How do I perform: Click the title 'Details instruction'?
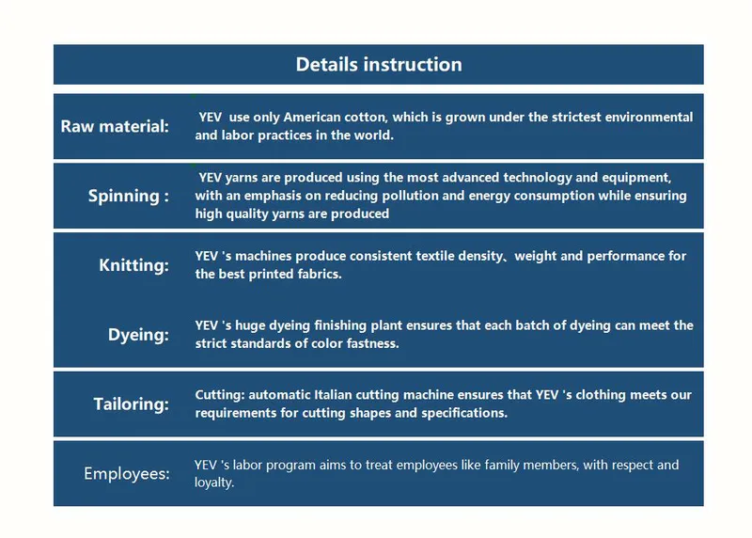(x=379, y=65)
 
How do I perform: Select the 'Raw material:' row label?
(x=115, y=126)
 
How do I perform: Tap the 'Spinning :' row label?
(x=129, y=197)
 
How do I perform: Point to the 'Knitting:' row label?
(x=133, y=265)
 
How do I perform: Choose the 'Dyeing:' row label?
(x=138, y=335)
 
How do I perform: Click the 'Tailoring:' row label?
(x=132, y=404)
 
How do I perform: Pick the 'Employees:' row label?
(x=127, y=474)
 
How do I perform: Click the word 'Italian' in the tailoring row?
(x=333, y=395)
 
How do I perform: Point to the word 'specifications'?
(x=464, y=413)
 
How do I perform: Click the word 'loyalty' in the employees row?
(x=214, y=483)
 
